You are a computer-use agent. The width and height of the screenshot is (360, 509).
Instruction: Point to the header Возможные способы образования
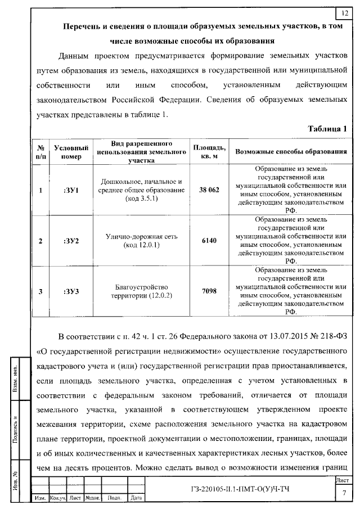point(290,152)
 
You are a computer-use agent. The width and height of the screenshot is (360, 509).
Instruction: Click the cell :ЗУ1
point(71,190)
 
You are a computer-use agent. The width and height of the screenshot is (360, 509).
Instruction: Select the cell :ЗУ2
point(71,241)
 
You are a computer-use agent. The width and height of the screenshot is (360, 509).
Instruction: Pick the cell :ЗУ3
point(71,291)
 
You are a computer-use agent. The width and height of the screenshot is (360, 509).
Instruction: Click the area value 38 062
point(209,190)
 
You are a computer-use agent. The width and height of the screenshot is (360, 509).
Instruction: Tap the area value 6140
point(209,241)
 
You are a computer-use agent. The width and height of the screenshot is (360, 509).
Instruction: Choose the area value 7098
point(209,291)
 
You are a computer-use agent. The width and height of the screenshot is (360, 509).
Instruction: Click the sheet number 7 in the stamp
point(344,493)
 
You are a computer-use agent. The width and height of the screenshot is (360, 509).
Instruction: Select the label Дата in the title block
point(136,498)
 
